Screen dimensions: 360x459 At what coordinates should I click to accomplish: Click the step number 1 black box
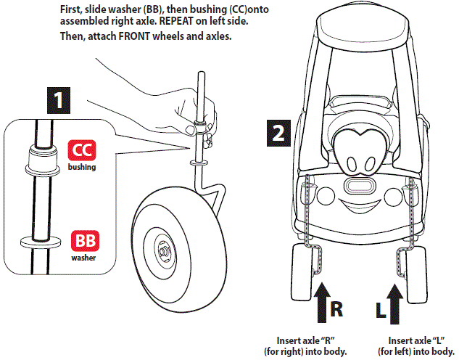coord(57,99)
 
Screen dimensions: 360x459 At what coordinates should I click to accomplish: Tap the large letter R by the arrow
coord(337,308)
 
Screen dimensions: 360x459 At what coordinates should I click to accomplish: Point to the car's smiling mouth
coord(360,210)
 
